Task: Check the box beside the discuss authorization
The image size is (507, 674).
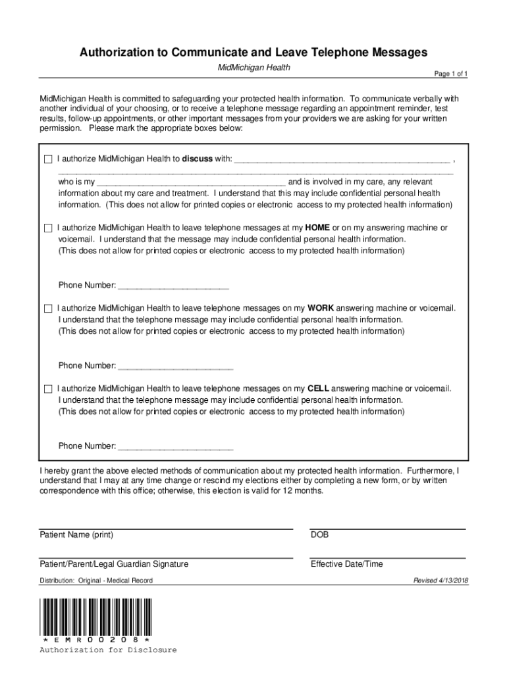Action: tap(47, 159)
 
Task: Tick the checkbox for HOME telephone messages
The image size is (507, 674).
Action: tap(47, 228)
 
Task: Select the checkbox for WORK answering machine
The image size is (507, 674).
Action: tap(47, 308)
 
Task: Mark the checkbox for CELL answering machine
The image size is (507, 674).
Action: tap(47, 388)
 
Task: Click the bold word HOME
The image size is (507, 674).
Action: tap(317, 228)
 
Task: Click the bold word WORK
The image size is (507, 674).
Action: tap(321, 308)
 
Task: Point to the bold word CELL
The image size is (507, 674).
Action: tap(318, 388)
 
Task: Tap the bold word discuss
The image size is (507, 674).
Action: tap(198, 159)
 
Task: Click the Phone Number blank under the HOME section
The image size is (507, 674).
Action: tap(173, 286)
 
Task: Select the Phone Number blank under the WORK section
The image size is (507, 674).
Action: tap(173, 366)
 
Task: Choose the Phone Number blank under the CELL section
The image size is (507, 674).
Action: tap(174, 446)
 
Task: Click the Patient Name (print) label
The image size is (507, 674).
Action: tap(76, 535)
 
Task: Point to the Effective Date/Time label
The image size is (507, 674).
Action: tap(346, 564)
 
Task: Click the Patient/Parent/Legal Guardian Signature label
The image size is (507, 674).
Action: tap(114, 564)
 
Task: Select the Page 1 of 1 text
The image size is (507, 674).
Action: tap(450, 74)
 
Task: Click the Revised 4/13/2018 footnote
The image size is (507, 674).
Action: tap(440, 581)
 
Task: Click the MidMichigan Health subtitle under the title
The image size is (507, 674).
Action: tap(254, 68)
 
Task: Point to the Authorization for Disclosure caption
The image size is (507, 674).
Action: tap(108, 650)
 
